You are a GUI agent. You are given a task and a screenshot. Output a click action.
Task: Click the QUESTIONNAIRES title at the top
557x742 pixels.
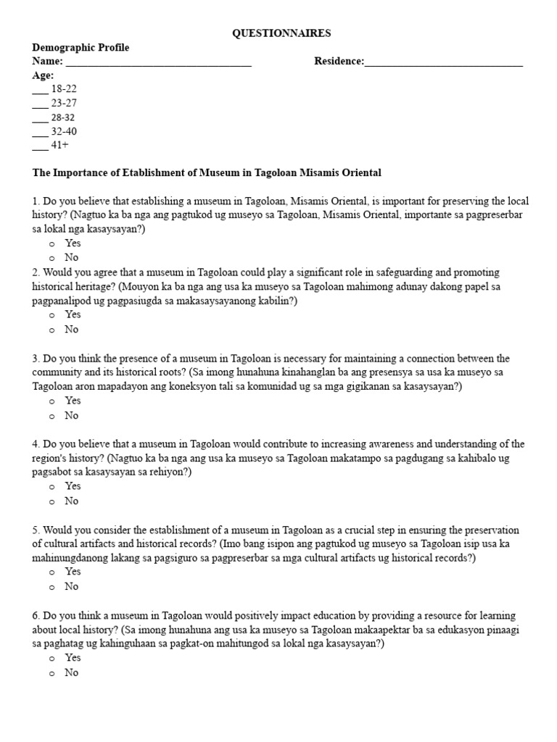(x=281, y=33)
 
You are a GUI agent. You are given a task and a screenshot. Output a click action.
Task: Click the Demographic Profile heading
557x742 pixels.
(x=81, y=48)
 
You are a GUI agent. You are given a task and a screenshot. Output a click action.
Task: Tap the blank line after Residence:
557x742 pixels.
(x=444, y=62)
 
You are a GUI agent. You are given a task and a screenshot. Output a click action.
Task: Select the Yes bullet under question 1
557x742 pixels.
(x=52, y=244)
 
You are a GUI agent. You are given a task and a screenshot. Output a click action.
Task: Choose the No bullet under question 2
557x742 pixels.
(x=52, y=330)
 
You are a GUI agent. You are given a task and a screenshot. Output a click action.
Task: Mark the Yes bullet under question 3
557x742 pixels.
(x=52, y=401)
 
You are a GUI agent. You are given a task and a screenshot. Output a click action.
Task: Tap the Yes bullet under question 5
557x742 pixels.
(x=52, y=572)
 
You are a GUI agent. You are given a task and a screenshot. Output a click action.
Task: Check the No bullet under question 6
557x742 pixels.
(x=52, y=673)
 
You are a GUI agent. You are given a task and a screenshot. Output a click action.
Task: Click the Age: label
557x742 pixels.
(x=43, y=76)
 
